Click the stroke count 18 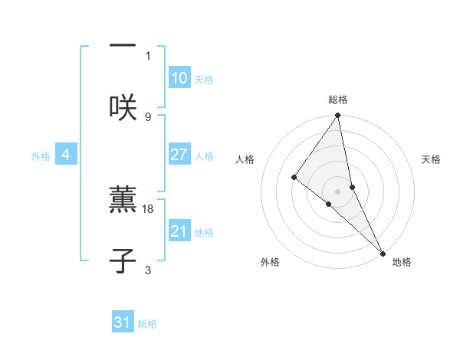point(149,208)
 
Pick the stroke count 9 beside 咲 point(148,116)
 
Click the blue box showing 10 point(179,78)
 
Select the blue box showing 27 point(179,155)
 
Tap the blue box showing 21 point(179,231)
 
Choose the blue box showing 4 point(66,155)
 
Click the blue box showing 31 point(123,322)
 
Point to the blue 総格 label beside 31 point(147,324)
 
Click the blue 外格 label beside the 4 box point(41,156)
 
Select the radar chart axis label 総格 point(337,100)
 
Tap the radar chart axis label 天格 point(432,159)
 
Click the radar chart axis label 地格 point(402,262)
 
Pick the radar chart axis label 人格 point(245,159)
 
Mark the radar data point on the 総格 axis point(337,116)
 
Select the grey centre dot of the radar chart point(337,191)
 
